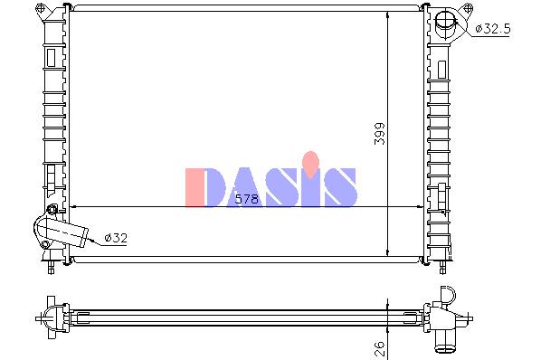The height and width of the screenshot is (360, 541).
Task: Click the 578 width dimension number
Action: pyautogui.click(x=246, y=199)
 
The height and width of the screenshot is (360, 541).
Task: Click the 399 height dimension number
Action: pyautogui.click(x=380, y=134)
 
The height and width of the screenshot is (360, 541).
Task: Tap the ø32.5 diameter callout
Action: pyautogui.click(x=492, y=29)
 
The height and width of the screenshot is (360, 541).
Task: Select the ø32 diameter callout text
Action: pyautogui.click(x=116, y=238)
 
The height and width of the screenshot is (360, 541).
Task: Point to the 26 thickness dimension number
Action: pyautogui.click(x=379, y=348)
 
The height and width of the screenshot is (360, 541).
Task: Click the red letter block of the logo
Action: pyautogui.click(x=195, y=187)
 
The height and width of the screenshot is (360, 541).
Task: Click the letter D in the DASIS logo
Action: pyautogui.click(x=215, y=187)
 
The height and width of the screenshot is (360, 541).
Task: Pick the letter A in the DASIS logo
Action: pyautogui.click(x=249, y=187)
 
